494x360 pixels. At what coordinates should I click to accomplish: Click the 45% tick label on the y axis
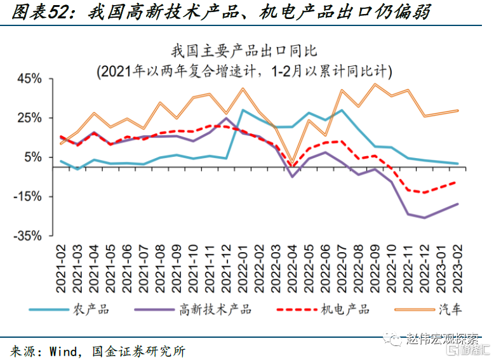pos(30,79)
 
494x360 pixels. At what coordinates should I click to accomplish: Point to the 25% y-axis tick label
pos(30,118)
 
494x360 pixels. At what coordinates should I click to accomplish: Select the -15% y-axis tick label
pos(28,197)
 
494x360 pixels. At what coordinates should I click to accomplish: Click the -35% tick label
pos(28,236)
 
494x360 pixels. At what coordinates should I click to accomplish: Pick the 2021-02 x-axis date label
pos(61,267)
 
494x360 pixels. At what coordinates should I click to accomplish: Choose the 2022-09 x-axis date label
pos(374,267)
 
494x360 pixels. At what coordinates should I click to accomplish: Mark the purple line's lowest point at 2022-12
pos(424,218)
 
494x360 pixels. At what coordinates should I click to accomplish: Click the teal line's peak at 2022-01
pos(243,110)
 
